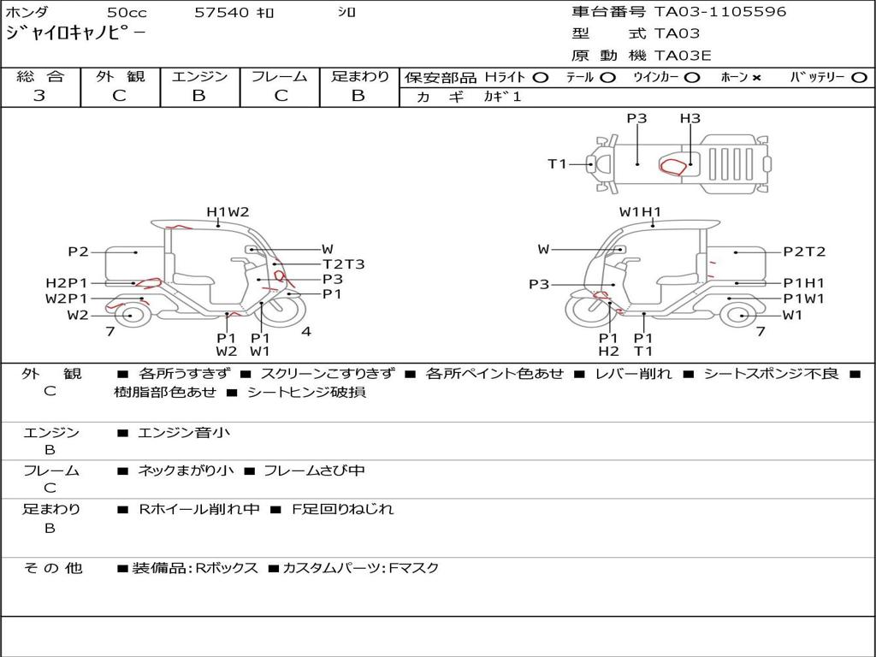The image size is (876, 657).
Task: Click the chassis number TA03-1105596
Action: click(720, 12)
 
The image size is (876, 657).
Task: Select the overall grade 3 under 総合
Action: click(39, 96)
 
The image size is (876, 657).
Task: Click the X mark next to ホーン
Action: click(756, 78)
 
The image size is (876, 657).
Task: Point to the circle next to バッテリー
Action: click(860, 78)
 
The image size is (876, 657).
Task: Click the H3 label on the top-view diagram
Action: click(690, 118)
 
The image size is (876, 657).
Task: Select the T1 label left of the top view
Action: click(557, 163)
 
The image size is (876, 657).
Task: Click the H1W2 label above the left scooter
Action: click(228, 212)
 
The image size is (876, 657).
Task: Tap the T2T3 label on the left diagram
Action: click(344, 264)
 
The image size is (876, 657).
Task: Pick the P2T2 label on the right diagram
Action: click(804, 252)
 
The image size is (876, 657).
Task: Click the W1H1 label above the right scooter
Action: click(640, 212)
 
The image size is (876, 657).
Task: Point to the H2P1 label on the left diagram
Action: click(67, 283)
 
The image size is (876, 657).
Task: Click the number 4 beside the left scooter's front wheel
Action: click(305, 331)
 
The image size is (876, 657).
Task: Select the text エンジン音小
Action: click(184, 432)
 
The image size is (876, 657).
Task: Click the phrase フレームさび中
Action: click(314, 471)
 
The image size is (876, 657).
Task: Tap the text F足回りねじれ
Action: click(343, 509)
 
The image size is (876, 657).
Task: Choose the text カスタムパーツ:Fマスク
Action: click(361, 568)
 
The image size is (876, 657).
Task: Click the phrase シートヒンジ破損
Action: click(307, 392)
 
